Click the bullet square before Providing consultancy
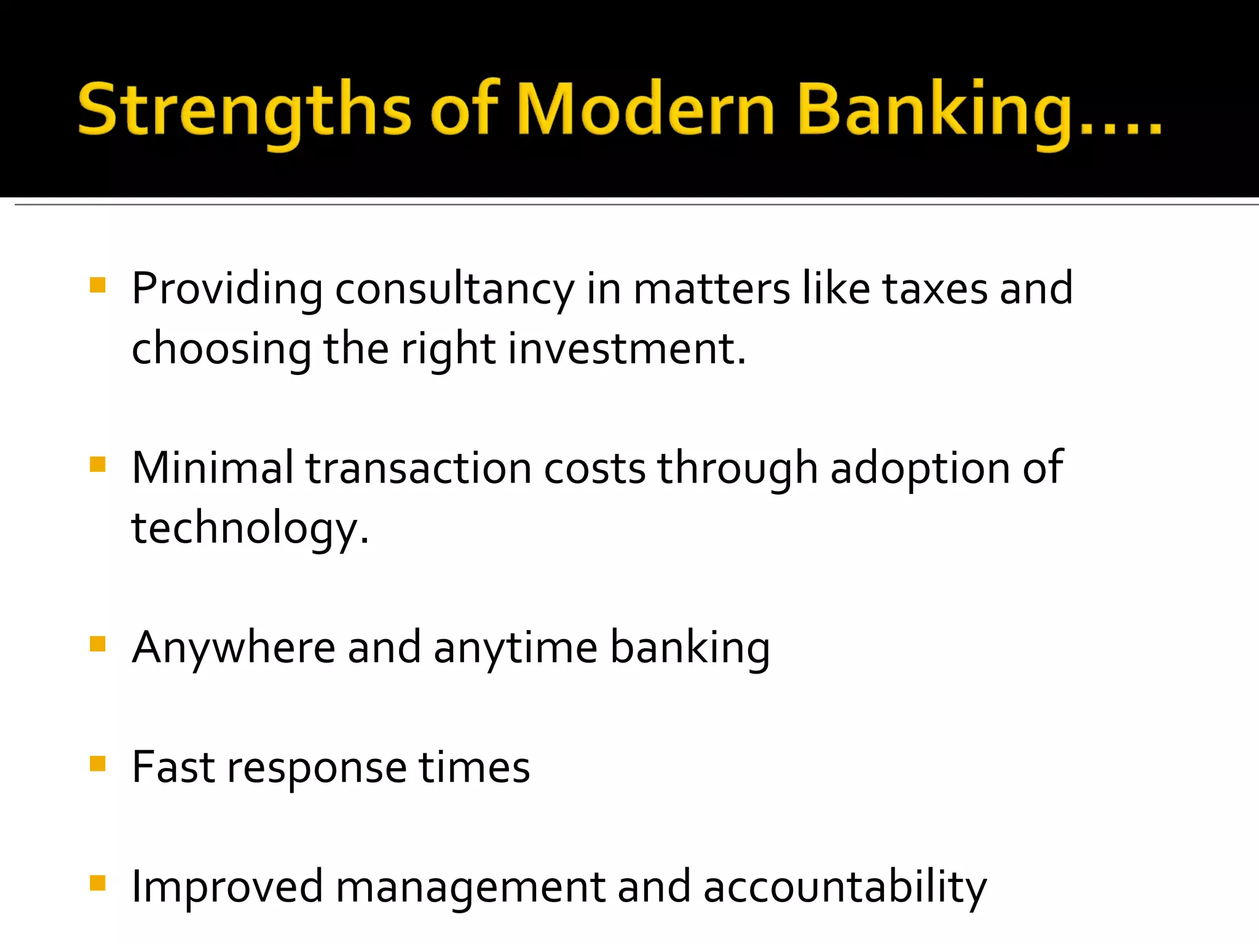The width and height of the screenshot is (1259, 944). pos(98,285)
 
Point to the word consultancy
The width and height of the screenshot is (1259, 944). pos(454,289)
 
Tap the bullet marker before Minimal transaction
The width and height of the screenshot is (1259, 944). pos(98,463)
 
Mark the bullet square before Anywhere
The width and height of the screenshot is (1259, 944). pos(98,643)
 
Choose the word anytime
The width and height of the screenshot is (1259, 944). pos(515,648)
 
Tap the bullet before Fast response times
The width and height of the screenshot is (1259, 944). pos(98,763)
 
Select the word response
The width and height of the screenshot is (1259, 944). pos(317,768)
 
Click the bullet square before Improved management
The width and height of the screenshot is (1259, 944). pos(98,883)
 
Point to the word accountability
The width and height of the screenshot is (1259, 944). pos(845,887)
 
